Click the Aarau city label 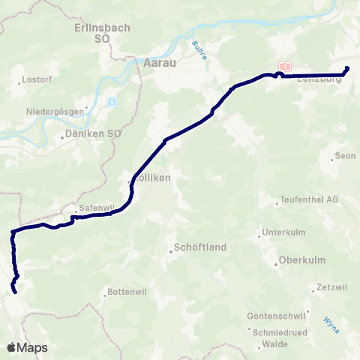(159, 63)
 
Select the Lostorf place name (37, 79)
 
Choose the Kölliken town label (153, 178)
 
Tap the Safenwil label (94, 210)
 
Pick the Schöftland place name (200, 247)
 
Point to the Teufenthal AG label (309, 199)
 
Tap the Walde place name (271, 345)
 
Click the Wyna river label (331, 322)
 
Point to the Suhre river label (199, 49)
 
